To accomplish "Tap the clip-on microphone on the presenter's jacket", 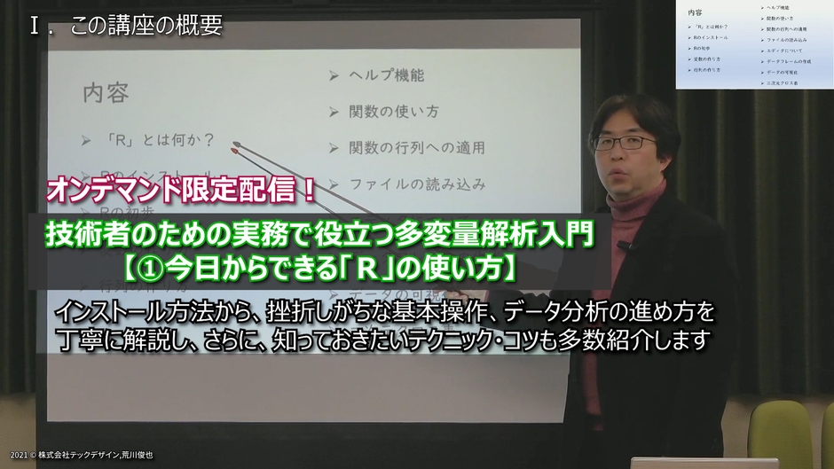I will (x=624, y=246).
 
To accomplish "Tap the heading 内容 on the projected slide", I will (x=104, y=92).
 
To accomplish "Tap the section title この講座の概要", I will (x=146, y=27).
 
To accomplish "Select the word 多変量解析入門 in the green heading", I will (x=518, y=235).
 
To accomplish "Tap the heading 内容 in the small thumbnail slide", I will (x=694, y=13).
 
